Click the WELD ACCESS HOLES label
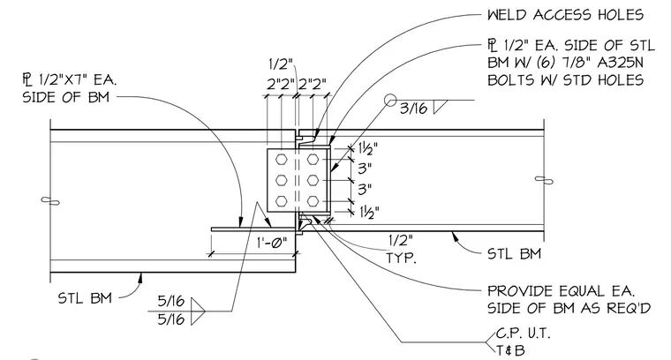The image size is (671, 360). pyautogui.click(x=565, y=15)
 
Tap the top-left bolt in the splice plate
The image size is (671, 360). pyautogui.click(x=281, y=160)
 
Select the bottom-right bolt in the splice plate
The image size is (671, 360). pyautogui.click(x=313, y=200)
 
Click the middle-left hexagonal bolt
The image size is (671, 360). pyautogui.click(x=281, y=180)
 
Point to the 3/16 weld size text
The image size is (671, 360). pyautogui.click(x=413, y=109)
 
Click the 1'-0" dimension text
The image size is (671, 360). pyautogui.click(x=271, y=243)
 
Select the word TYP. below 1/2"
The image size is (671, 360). pyautogui.click(x=401, y=258)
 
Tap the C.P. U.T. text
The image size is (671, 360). pyautogui.click(x=523, y=333)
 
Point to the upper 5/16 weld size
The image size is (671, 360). pyautogui.click(x=171, y=302)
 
